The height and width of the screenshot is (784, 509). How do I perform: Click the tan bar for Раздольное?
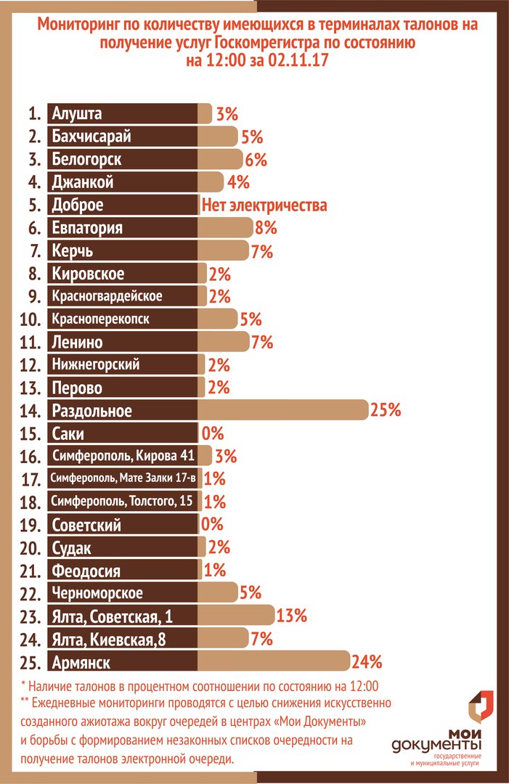(283, 410)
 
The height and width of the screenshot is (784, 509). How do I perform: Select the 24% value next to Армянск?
(367, 661)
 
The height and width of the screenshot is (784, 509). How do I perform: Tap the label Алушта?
(77, 113)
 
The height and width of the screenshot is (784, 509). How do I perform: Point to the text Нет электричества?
(264, 205)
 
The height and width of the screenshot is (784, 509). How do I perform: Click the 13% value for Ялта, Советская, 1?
(292, 616)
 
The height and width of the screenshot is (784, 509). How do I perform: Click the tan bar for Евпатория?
(226, 228)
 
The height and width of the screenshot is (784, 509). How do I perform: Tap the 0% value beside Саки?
(213, 433)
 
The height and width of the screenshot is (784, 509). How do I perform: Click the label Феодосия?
(86, 571)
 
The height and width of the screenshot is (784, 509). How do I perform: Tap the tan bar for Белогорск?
(221, 159)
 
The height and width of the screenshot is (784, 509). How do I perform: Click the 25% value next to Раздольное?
(386, 410)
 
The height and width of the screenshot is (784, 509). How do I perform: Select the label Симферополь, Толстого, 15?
(121, 501)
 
